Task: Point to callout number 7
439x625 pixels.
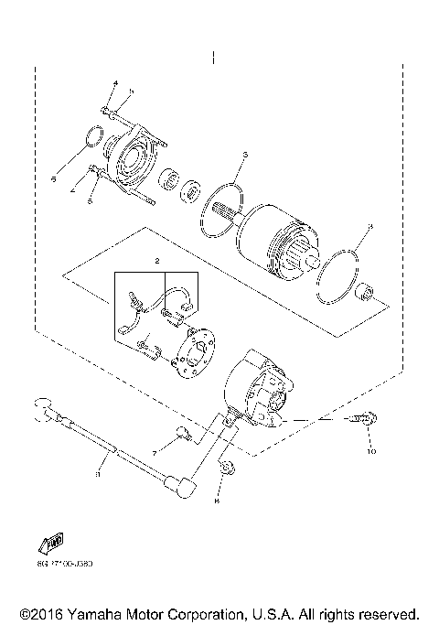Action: tap(155, 453)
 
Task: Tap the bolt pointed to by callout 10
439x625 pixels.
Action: tap(360, 420)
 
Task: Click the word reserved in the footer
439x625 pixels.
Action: tap(389, 612)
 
